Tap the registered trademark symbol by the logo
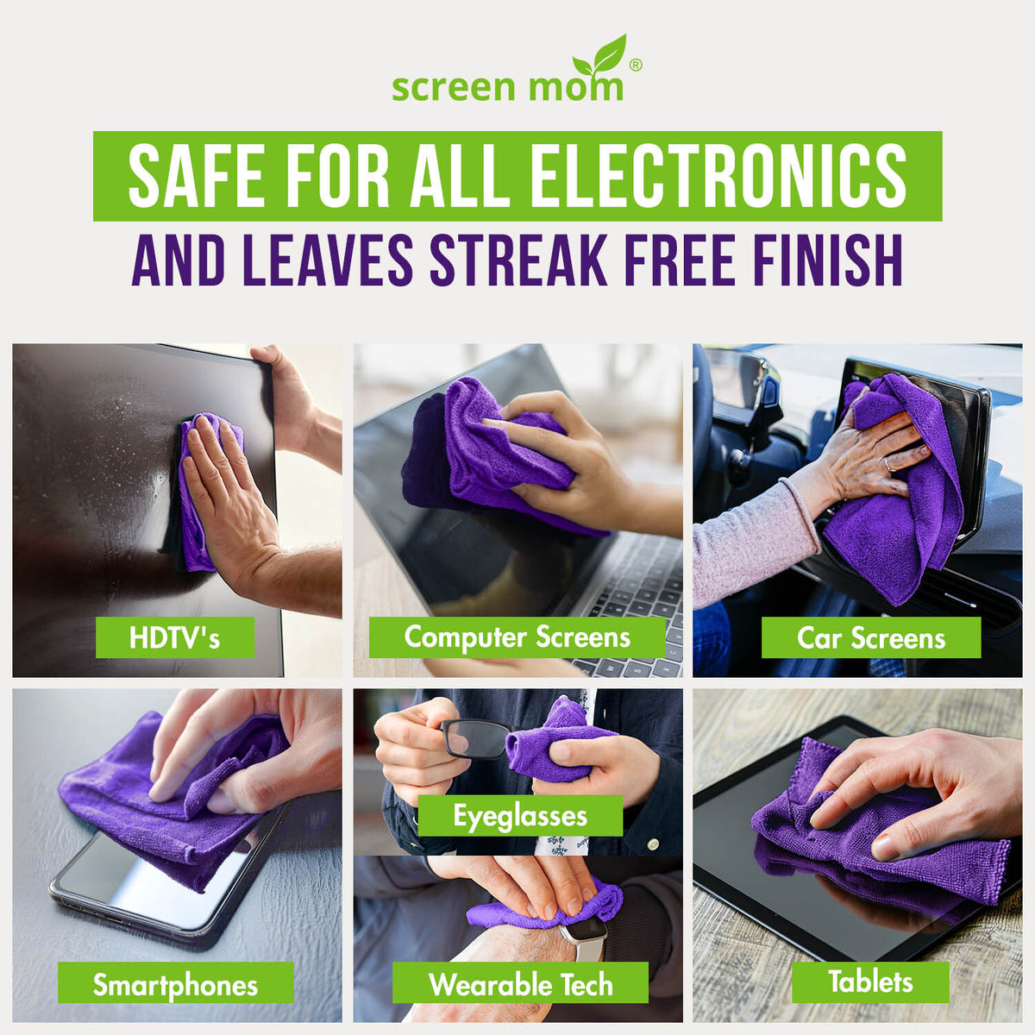(x=636, y=65)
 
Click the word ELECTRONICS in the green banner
(x=718, y=177)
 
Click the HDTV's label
(x=175, y=638)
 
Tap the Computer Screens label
(x=517, y=638)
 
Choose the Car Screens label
(x=870, y=638)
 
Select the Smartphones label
(x=175, y=984)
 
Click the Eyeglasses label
(x=520, y=816)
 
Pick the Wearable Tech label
(x=520, y=983)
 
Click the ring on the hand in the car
(x=886, y=463)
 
